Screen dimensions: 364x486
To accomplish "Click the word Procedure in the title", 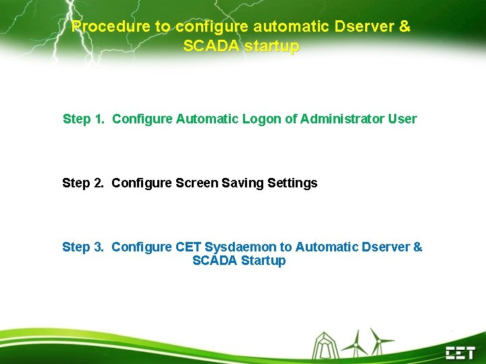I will (x=102, y=27).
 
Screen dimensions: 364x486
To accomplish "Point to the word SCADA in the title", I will (x=205, y=47).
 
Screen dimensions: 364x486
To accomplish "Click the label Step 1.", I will (x=83, y=119).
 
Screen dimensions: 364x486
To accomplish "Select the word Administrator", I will (x=342, y=119).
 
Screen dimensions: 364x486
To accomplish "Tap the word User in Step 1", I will (x=402, y=119).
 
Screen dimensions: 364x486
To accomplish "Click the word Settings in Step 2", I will (x=292, y=183).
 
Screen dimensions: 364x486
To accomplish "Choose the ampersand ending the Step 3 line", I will (x=418, y=247).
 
